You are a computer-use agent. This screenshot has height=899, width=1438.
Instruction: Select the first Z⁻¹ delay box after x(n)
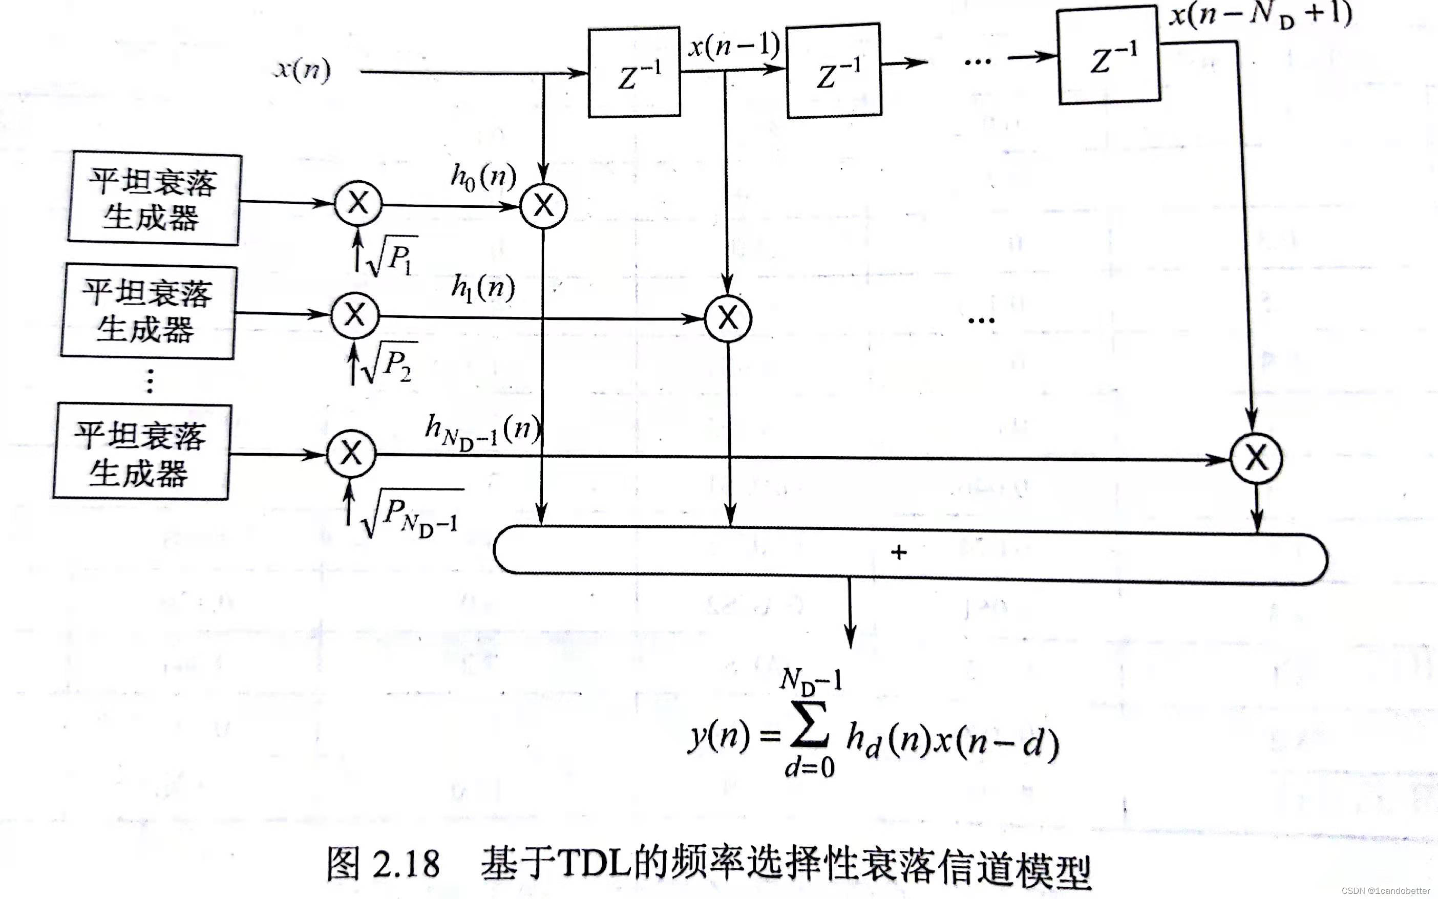click(634, 73)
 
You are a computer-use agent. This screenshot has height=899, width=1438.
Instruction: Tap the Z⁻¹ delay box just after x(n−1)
click(834, 71)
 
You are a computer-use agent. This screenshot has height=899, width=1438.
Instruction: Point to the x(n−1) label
click(733, 45)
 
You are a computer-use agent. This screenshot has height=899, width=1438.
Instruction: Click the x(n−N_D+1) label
click(1260, 14)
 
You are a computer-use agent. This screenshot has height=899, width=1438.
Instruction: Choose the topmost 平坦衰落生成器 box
click(155, 199)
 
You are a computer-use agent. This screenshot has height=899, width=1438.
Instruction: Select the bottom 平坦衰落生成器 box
click(141, 453)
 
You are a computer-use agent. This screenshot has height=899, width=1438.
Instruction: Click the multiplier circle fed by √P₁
click(358, 203)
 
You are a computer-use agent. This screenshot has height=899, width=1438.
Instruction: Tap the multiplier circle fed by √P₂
click(355, 314)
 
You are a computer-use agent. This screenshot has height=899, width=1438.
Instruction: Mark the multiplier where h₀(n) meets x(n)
click(543, 206)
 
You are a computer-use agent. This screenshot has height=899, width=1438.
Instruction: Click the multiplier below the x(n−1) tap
click(728, 318)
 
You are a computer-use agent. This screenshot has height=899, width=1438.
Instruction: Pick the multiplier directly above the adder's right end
click(1255, 458)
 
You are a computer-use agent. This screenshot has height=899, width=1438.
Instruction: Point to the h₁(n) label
click(483, 288)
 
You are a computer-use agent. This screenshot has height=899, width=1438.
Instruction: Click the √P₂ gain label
click(389, 362)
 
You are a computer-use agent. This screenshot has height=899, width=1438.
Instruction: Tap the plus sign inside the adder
click(899, 552)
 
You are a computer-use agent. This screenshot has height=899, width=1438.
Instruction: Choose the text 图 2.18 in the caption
click(384, 864)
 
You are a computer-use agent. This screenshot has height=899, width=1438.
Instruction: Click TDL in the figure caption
click(595, 862)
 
